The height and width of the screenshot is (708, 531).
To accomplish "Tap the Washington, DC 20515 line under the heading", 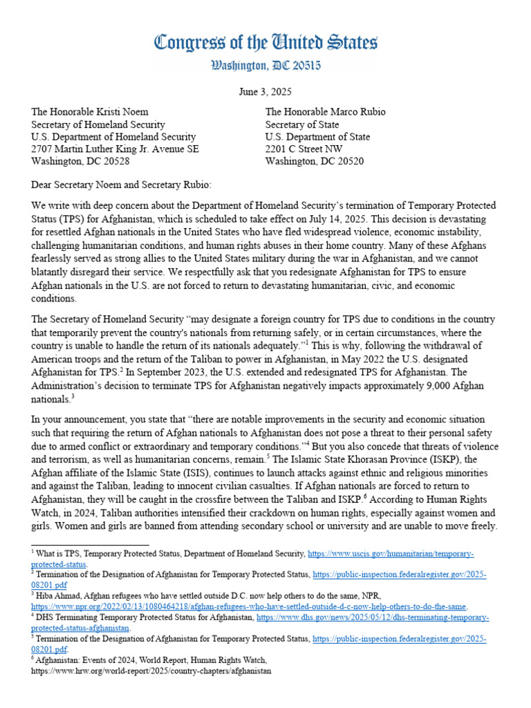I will coord(265,67).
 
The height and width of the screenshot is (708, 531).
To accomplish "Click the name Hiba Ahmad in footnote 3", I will coord(59,594).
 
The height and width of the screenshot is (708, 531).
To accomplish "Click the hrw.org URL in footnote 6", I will coord(152,671).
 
